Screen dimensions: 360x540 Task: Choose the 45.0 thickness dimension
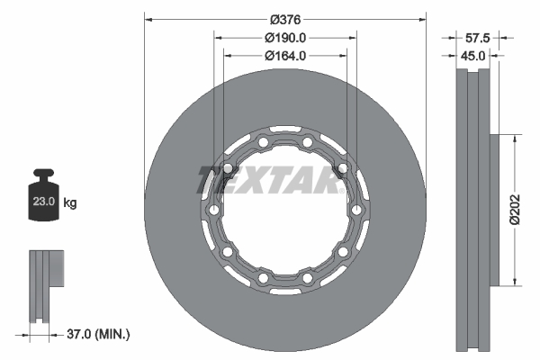click(473, 55)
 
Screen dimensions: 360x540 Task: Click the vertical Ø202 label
click(514, 209)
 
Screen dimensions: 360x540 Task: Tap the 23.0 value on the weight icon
click(44, 203)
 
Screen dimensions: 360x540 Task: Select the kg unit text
click(70, 203)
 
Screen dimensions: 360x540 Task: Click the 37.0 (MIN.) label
click(99, 334)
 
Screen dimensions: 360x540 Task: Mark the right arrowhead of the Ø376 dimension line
click(423, 19)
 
